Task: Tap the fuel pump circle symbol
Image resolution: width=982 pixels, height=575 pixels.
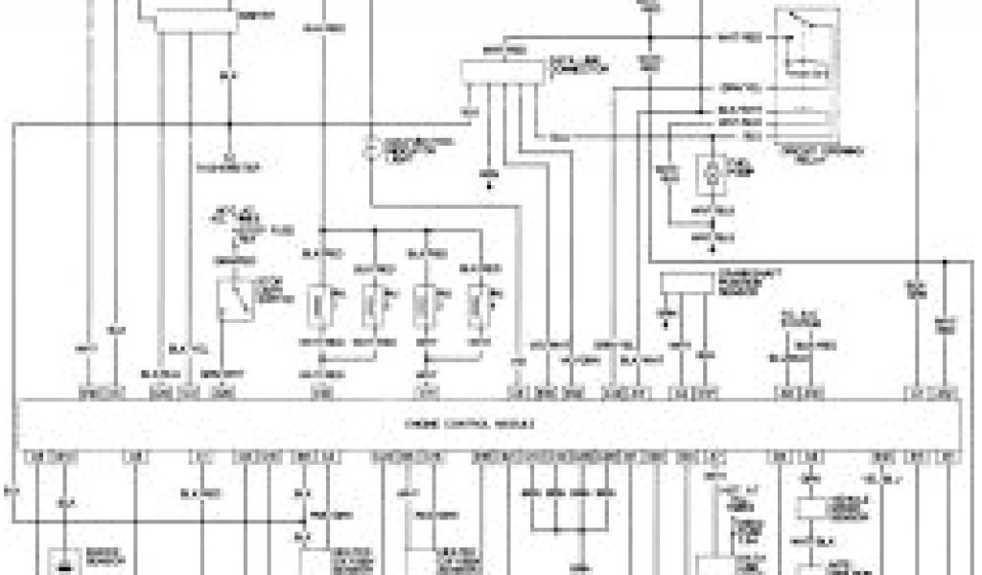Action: [710, 169]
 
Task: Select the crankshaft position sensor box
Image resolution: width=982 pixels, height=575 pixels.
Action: [689, 281]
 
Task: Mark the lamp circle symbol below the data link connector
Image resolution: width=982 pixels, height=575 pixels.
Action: [371, 149]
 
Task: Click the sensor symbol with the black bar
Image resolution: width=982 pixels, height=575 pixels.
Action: [64, 563]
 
